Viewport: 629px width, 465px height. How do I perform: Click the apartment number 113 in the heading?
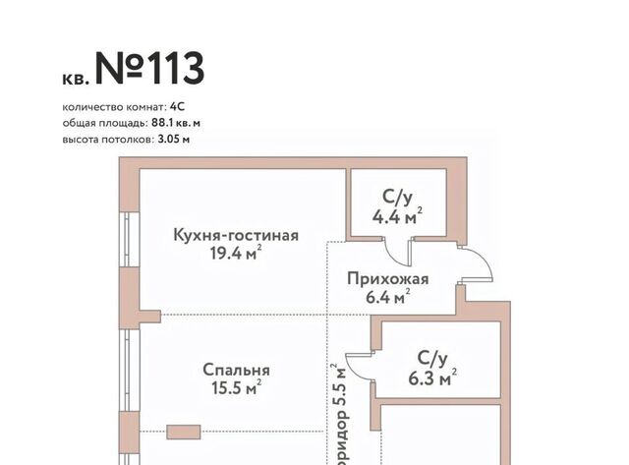point(175,69)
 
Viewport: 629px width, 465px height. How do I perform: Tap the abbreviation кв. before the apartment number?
point(76,79)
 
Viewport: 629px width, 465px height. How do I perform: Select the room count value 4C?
point(177,107)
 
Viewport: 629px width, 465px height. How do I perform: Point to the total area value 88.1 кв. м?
point(176,123)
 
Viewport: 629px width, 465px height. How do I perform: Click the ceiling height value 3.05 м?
point(174,140)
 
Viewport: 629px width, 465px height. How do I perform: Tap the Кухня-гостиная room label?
point(236,235)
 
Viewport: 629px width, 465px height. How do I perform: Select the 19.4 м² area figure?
point(236,253)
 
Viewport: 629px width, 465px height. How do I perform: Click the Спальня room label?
point(236,370)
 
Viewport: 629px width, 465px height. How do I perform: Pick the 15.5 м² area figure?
point(236,387)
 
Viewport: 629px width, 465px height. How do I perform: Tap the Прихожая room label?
point(388,279)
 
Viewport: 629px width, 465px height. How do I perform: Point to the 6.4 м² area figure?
point(388,297)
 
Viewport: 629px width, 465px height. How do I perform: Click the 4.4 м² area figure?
point(397,216)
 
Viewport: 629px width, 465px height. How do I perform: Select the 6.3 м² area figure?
point(432,378)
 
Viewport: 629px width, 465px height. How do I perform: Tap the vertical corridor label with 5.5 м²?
point(341,414)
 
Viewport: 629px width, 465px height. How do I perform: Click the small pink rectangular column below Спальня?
point(184,432)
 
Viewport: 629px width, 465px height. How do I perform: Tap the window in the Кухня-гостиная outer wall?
point(131,239)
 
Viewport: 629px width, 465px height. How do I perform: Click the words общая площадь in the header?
point(105,123)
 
